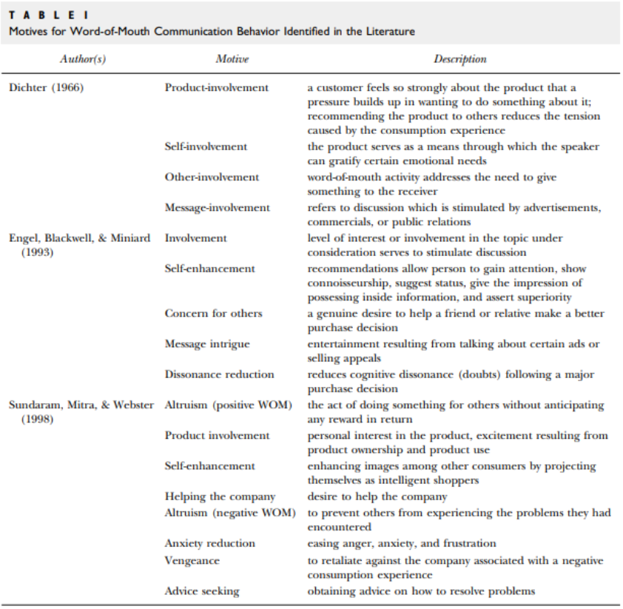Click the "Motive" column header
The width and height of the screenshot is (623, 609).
click(232, 59)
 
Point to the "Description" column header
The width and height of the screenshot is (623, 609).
click(459, 59)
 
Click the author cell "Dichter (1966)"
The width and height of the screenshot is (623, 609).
click(47, 87)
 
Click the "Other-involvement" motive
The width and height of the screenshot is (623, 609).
click(212, 177)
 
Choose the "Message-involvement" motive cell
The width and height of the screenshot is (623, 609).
click(217, 207)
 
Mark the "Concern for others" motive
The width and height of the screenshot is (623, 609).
click(213, 313)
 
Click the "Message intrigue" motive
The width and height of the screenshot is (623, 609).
click(207, 343)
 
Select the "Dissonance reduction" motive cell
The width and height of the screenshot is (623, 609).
click(219, 374)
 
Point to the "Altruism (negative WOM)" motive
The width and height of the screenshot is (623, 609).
click(229, 513)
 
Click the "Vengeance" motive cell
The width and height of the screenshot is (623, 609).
click(192, 560)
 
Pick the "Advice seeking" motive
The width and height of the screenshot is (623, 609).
click(202, 591)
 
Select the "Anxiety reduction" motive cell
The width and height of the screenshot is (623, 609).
click(209, 543)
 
